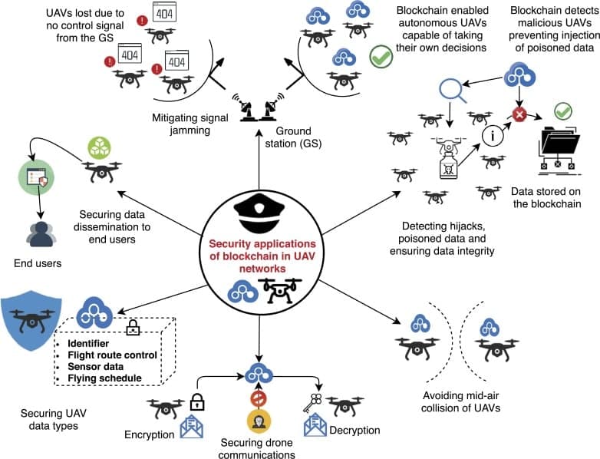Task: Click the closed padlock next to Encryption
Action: (x=197, y=401)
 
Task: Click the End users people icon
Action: (x=37, y=234)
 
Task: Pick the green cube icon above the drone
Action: (x=101, y=147)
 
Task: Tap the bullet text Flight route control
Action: (x=112, y=355)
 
